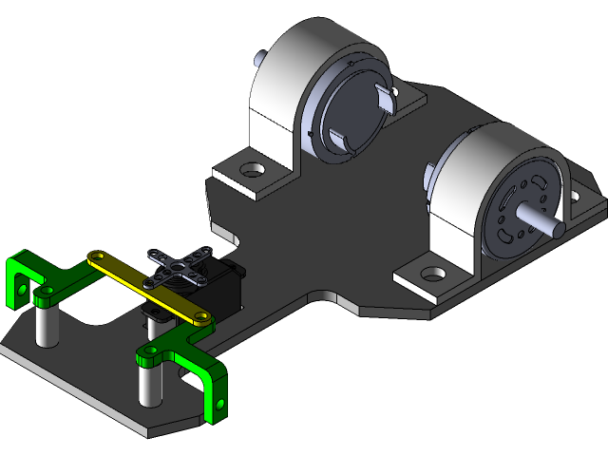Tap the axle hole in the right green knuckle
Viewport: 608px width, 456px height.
click(220, 404)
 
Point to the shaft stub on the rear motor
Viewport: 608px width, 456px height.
click(257, 58)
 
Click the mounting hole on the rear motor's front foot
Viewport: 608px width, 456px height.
click(252, 171)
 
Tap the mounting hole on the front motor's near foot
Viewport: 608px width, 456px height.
click(434, 274)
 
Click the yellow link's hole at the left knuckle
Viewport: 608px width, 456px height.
click(95, 256)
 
